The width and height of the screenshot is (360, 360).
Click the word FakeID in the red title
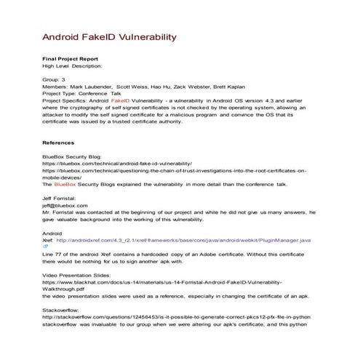point(107,36)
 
